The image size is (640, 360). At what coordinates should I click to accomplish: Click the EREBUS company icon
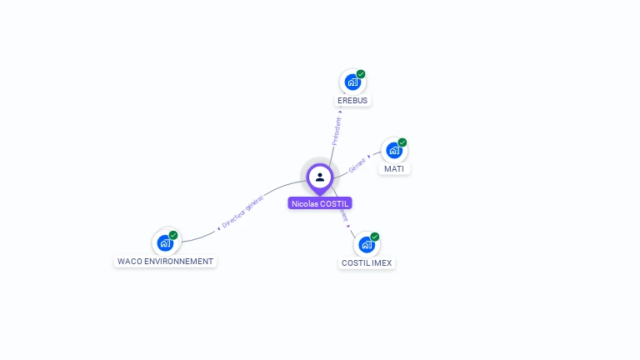[x=352, y=82]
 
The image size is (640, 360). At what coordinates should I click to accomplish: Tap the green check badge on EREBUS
[x=361, y=74]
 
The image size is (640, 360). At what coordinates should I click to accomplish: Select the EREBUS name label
[x=352, y=101]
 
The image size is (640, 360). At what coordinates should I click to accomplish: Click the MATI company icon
[x=394, y=151]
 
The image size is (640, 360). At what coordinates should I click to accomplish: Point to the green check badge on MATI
[x=402, y=142]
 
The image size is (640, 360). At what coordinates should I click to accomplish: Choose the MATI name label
[x=394, y=169]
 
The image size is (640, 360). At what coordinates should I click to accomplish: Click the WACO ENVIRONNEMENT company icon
[x=165, y=243]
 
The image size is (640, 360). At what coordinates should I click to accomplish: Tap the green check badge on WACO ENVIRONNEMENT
[x=173, y=235]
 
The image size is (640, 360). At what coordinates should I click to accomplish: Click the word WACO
[x=129, y=262]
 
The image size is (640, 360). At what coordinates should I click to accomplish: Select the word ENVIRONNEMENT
[x=178, y=262]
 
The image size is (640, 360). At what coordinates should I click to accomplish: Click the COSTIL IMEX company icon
[x=366, y=245]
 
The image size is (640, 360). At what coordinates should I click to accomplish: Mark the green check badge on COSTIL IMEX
[x=375, y=237]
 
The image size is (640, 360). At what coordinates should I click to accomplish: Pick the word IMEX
[x=382, y=263]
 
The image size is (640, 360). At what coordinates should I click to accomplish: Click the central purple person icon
[x=320, y=177]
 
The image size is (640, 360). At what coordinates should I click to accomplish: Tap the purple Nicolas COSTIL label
[x=320, y=203]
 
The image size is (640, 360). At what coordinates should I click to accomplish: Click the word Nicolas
[x=306, y=203]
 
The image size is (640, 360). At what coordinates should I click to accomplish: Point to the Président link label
[x=337, y=131]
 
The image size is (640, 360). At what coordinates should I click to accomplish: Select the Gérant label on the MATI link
[x=357, y=163]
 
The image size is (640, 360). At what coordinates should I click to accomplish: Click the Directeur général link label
[x=242, y=212]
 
